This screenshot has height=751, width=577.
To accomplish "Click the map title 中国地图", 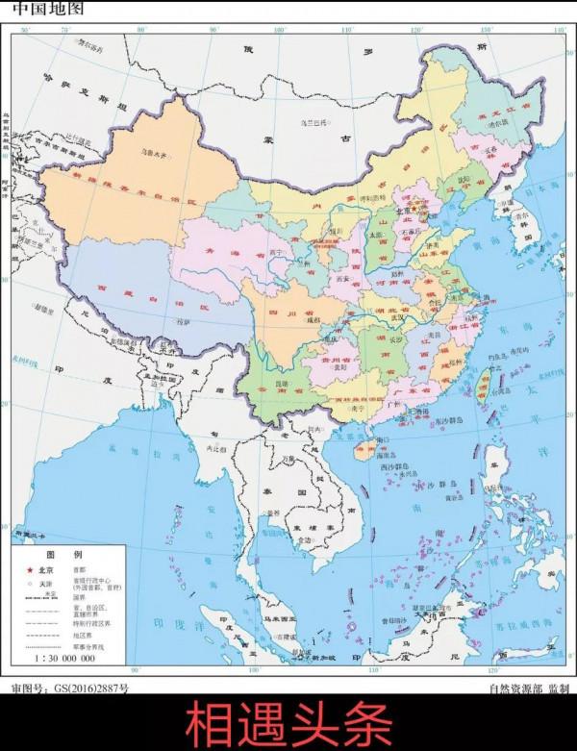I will coord(47,9).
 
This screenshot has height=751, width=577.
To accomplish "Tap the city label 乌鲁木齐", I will coord(156,150).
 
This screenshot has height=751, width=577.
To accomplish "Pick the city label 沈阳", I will coord(464,179).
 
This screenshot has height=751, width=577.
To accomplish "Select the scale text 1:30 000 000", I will coord(65,659).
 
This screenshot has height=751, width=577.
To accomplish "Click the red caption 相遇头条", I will coord(288,724).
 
